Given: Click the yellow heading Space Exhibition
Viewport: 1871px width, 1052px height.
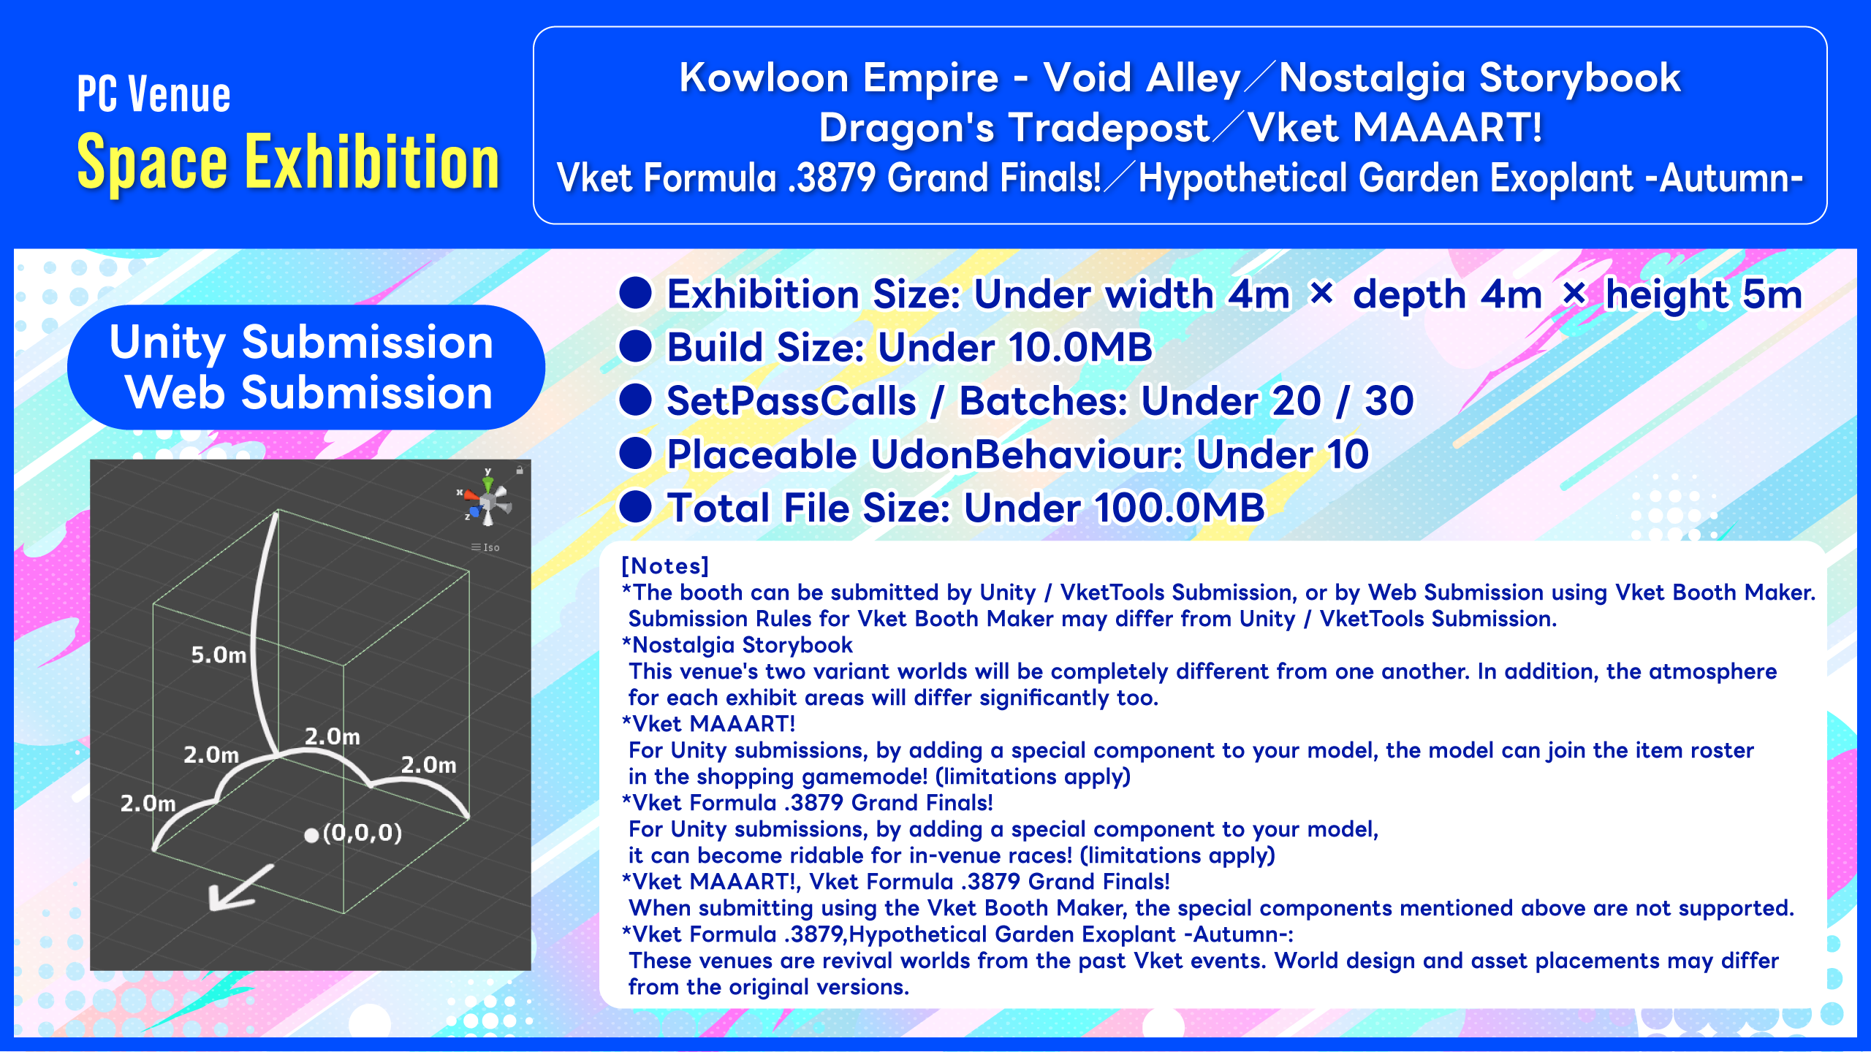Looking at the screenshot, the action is [x=288, y=162].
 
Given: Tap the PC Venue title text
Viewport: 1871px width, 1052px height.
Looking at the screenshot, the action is [x=153, y=94].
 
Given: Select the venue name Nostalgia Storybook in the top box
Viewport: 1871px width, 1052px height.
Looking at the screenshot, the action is [x=1479, y=77].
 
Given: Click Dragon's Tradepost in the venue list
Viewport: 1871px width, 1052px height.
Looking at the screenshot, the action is [x=1014, y=128].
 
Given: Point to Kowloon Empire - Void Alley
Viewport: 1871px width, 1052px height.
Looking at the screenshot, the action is [x=960, y=77].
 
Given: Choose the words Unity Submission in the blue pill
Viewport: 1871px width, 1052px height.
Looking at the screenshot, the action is [x=301, y=342].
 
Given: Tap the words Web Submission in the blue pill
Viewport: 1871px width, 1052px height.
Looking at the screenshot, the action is [x=308, y=393].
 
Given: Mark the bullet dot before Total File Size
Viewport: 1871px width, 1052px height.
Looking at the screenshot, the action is [x=635, y=507].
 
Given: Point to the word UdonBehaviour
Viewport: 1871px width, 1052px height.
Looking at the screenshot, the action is [x=1027, y=454].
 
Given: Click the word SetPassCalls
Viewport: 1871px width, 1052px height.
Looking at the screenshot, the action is [x=792, y=401].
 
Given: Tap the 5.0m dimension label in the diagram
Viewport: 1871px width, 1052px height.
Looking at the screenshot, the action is [x=219, y=655].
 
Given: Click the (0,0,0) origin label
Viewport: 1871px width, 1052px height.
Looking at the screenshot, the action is [x=363, y=833].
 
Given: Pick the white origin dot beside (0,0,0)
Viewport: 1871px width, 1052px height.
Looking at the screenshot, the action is [x=311, y=835].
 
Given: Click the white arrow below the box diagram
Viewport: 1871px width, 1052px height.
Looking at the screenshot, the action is [x=241, y=888].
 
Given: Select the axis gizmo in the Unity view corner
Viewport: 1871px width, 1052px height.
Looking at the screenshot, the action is [x=486, y=498].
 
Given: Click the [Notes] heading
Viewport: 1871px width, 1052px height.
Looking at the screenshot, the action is [x=665, y=566].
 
